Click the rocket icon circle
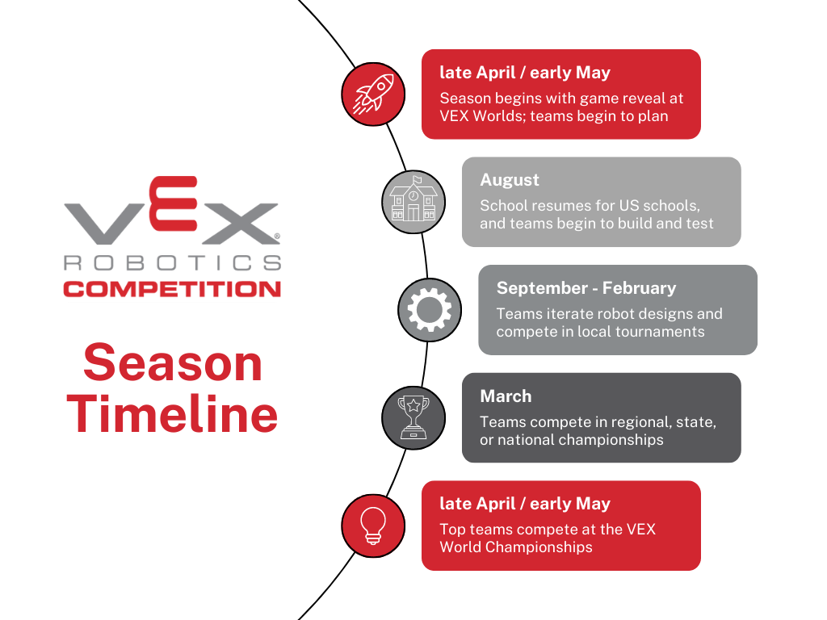pyautogui.click(x=373, y=94)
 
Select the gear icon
pyautogui.click(x=430, y=310)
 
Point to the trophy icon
pyautogui.click(x=413, y=417)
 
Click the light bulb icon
pyautogui.click(x=373, y=526)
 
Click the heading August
pyautogui.click(x=510, y=180)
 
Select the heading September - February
pyautogui.click(x=586, y=288)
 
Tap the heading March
pyautogui.click(x=506, y=396)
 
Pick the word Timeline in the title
pyautogui.click(x=172, y=414)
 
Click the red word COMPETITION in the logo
pyautogui.click(x=172, y=289)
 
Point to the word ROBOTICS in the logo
pyautogui.click(x=172, y=262)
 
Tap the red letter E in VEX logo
pyautogui.click(x=173, y=203)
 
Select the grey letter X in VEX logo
pyautogui.click(x=240, y=224)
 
